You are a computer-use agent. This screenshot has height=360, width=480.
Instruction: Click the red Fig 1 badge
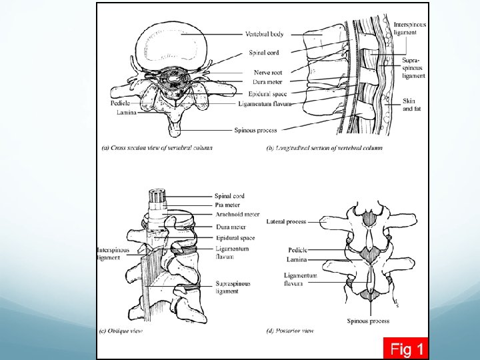[x=407, y=348]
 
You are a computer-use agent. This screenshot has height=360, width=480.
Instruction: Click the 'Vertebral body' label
[x=264, y=34]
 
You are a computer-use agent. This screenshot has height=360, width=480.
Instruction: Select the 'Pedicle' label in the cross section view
[x=120, y=104]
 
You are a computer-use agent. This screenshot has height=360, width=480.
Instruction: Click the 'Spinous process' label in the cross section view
[x=255, y=130]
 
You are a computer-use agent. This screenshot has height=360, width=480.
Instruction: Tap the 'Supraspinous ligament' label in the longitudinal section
[x=413, y=68]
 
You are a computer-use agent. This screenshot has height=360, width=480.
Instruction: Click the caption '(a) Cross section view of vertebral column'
[x=156, y=147]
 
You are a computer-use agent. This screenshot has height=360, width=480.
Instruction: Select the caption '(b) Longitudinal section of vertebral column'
[x=324, y=147]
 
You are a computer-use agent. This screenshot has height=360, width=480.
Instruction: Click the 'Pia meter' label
[x=227, y=205]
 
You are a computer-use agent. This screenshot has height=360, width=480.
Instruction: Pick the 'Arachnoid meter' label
[x=237, y=214]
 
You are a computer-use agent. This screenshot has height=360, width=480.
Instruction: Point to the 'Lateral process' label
[x=286, y=221]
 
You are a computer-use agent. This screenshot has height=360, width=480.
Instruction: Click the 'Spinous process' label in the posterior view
[x=368, y=321]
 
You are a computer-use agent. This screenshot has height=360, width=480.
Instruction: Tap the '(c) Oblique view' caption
[x=121, y=331]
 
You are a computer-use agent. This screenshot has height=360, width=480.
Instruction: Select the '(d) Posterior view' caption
[x=290, y=331]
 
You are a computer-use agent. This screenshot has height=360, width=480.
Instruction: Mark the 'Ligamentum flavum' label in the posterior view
[x=300, y=279]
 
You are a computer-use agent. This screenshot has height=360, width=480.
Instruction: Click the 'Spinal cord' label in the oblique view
[x=229, y=196]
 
